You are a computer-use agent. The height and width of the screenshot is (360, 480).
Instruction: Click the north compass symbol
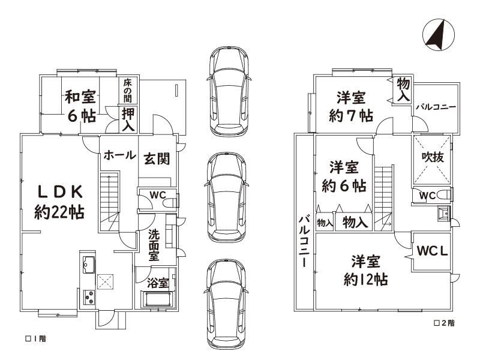coord(438,35)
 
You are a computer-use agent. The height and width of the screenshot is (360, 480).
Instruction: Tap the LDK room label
coord(59,202)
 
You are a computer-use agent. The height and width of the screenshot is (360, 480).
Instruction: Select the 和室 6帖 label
coord(81,106)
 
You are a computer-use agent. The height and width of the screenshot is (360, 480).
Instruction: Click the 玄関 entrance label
coord(157,159)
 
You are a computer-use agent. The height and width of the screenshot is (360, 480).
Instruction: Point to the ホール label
coord(119,155)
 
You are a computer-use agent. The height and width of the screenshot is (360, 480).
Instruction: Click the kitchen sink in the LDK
coord(88,265)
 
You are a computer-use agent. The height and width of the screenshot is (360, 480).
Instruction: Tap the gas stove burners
coord(89,297)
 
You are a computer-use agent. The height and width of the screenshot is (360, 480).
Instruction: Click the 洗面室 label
coord(154,245)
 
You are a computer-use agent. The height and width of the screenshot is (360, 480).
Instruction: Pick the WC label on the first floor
coord(158,195)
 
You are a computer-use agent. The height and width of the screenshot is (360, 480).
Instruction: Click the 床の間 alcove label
coord(128,91)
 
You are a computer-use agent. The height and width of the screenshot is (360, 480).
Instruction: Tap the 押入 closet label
coord(128,119)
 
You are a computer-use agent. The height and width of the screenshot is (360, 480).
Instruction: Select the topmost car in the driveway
coord(229,91)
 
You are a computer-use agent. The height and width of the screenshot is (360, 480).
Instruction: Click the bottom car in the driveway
coord(226,304)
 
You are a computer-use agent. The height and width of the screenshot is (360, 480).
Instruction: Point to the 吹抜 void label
coord(433,157)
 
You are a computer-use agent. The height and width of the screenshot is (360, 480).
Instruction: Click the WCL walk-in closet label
coord(432,251)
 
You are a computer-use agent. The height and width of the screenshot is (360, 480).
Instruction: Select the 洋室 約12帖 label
coord(366,271)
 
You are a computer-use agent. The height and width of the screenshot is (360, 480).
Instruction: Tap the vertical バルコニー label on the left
coord(304,241)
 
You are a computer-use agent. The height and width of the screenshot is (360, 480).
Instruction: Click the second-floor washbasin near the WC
coord(443,213)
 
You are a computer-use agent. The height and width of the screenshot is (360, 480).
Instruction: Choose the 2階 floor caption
coord(445,323)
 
